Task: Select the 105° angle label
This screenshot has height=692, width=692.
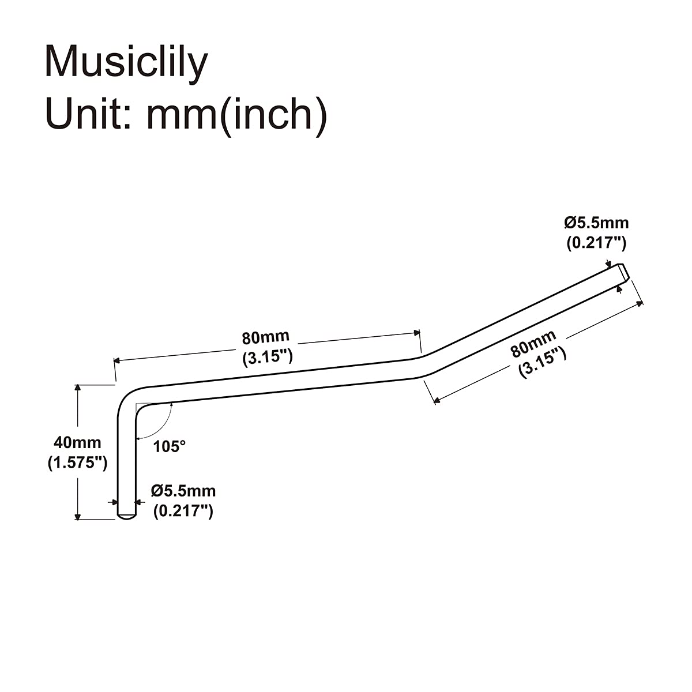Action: [170, 446]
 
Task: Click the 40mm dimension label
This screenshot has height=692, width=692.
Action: [77, 442]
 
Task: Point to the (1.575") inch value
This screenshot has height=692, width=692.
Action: [77, 462]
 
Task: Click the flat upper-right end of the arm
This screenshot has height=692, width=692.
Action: [623, 270]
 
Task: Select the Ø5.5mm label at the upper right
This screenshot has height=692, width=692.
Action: [596, 222]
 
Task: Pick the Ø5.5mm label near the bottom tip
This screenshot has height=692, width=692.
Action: [183, 491]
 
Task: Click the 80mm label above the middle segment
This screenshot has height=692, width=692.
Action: [265, 337]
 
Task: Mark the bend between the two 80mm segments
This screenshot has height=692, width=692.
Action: [423, 366]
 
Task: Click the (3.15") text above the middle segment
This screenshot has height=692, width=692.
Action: [267, 356]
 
